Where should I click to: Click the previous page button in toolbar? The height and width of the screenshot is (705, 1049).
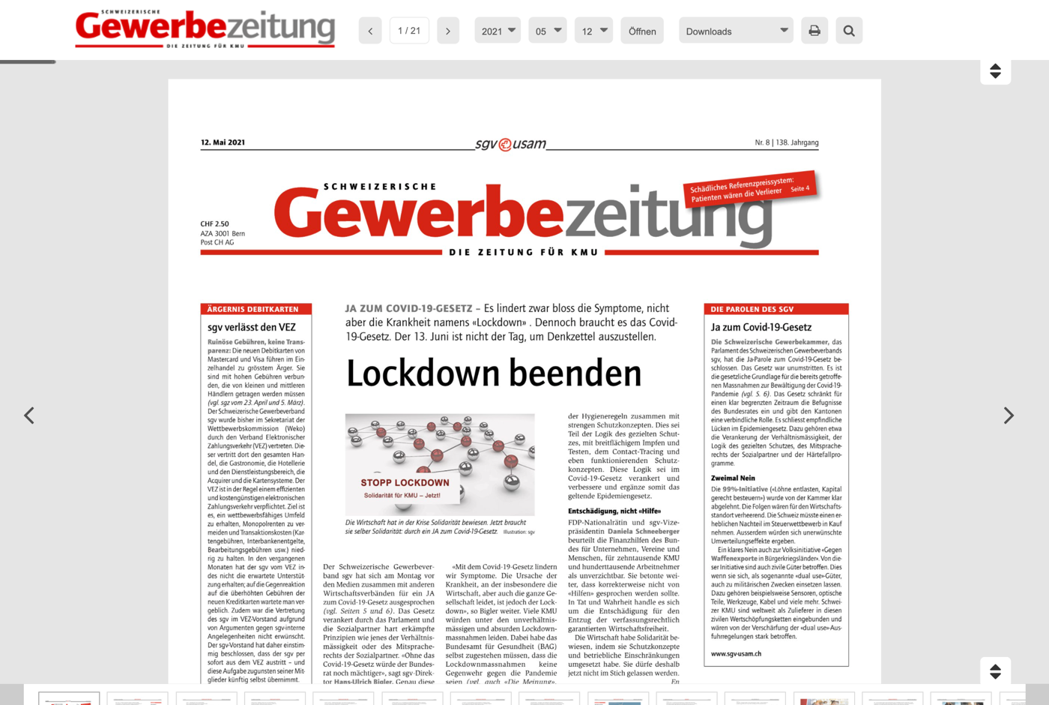pos(370,31)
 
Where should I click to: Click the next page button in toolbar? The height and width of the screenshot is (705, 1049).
pos(448,31)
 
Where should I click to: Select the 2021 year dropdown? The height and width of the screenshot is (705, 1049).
pos(498,31)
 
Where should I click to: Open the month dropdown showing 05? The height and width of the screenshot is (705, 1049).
pos(548,31)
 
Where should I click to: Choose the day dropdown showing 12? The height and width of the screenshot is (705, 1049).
pos(593,31)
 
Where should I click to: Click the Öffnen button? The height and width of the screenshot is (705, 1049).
pos(642,31)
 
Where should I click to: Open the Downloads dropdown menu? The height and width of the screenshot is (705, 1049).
pos(736,31)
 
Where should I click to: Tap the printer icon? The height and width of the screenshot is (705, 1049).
pos(814,31)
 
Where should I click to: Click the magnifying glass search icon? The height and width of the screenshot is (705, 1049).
pos(849,31)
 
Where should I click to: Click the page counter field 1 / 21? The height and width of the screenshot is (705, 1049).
pos(409,31)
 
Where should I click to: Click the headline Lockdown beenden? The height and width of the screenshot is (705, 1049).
pos(494,373)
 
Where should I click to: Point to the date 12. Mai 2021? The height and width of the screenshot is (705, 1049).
pos(223,142)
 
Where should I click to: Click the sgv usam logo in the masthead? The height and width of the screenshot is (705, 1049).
pos(511,144)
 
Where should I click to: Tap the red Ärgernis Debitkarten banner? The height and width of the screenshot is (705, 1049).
pos(256,309)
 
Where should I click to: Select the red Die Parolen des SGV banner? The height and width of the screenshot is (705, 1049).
pos(776,309)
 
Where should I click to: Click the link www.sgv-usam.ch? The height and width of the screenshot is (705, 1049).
pos(736,654)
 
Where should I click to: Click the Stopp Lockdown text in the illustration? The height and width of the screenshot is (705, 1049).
pos(405,482)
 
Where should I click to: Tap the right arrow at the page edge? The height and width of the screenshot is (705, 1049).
pos(1009,415)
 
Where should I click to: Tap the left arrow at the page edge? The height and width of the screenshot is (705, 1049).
pos(29,415)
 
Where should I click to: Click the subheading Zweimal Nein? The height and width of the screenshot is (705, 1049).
pos(733,478)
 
